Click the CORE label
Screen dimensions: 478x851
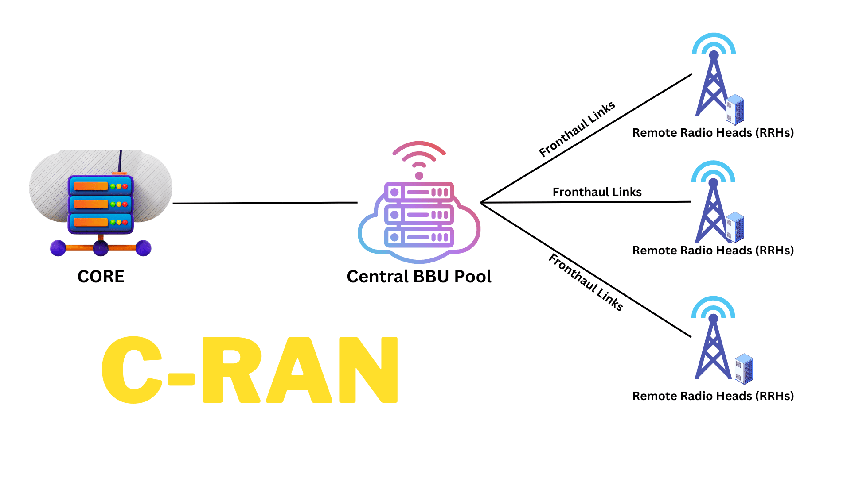(101, 277)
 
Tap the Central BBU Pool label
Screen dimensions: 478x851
(419, 277)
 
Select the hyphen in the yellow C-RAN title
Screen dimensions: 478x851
(181, 379)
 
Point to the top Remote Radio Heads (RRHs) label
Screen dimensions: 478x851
(713, 133)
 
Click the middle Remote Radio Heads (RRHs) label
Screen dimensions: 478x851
(713, 251)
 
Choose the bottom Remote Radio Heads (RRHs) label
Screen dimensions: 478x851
(713, 396)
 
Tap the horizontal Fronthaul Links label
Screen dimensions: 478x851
(597, 192)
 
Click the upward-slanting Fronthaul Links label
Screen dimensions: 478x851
(577, 129)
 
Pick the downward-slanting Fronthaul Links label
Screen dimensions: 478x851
(586, 282)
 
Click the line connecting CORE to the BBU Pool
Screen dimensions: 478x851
(265, 203)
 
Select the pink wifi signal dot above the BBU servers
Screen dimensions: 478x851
(419, 176)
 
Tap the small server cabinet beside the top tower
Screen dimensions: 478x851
(735, 109)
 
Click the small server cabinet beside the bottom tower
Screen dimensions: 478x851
(744, 369)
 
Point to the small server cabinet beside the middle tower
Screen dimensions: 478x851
(735, 227)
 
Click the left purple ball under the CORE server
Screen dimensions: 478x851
(58, 248)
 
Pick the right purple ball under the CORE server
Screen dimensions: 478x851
(143, 248)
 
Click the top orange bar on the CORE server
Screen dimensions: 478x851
(91, 186)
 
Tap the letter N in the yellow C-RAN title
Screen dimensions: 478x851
(368, 370)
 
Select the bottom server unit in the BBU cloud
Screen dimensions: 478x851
(419, 237)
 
